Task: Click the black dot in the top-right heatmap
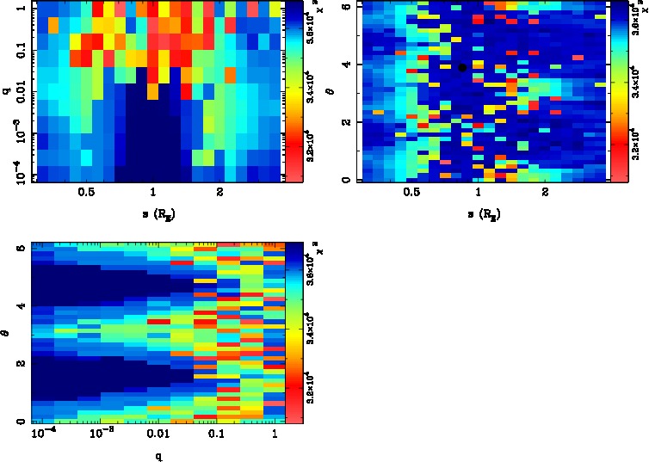coord(462,67)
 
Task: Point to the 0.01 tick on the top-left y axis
coord(17,87)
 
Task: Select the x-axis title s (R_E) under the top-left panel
coord(155,213)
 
